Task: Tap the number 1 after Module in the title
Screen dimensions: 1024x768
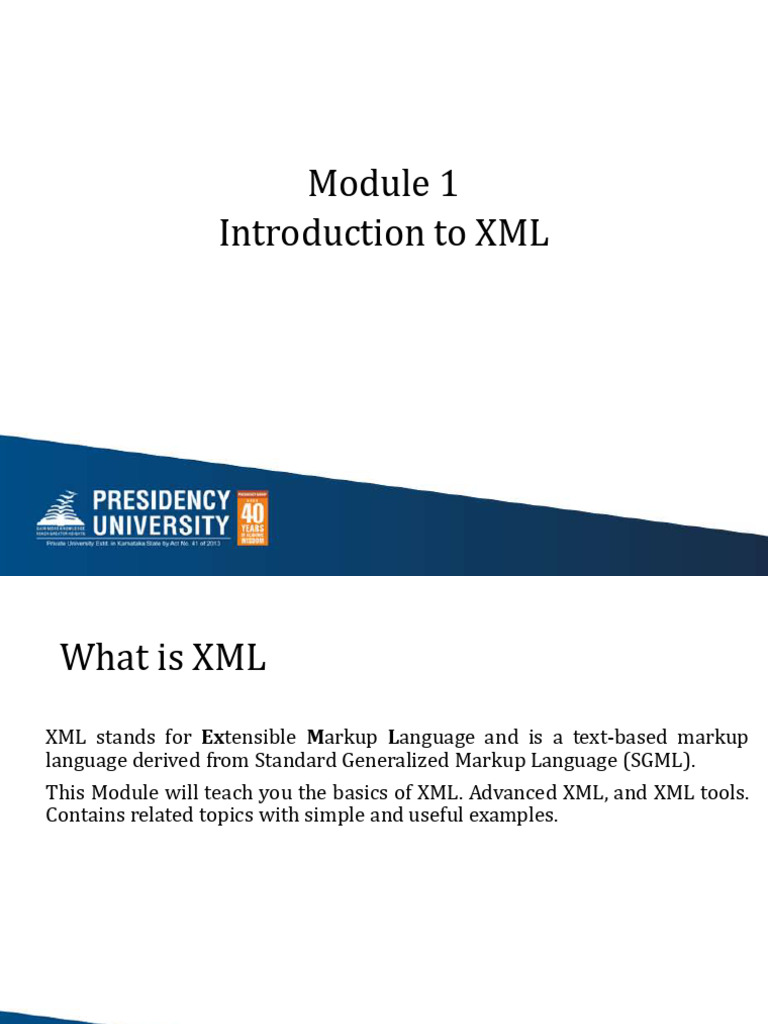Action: click(x=447, y=184)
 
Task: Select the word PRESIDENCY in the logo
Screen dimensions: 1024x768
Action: click(x=161, y=500)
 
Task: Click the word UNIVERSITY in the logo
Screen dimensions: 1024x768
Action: click(x=161, y=524)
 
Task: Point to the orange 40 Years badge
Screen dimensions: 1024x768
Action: click(x=252, y=517)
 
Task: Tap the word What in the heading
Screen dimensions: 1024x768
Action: click(x=101, y=658)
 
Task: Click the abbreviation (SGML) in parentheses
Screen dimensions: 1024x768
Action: click(x=658, y=761)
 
